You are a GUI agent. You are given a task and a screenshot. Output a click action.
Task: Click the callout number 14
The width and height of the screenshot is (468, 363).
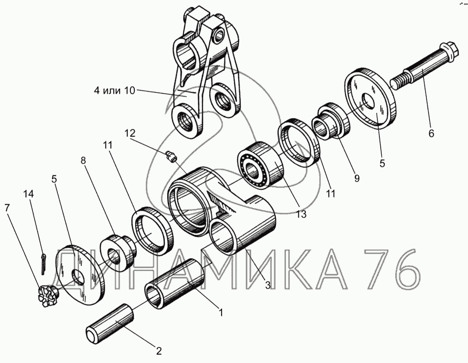tap(28, 194)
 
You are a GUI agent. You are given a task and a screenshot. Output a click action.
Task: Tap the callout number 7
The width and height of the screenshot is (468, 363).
tap(7, 208)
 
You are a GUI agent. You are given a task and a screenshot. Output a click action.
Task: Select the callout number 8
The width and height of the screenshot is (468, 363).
tap(83, 161)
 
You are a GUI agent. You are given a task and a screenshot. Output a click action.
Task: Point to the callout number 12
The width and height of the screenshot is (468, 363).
tap(130, 133)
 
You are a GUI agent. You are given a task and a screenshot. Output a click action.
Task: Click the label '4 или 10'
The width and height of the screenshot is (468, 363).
tap(115, 90)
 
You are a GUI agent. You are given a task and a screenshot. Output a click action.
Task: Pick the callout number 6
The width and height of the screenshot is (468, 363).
tap(431, 133)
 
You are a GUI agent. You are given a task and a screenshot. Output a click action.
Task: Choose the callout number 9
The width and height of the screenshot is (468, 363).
tap(356, 178)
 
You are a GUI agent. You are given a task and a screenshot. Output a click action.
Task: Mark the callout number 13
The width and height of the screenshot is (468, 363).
tap(301, 214)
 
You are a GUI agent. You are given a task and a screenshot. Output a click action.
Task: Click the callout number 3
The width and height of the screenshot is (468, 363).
tap(268, 285)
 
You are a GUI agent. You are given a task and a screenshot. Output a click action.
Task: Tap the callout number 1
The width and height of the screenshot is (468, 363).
tap(221, 313)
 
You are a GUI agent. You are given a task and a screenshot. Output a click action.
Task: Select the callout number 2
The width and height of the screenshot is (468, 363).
tap(159, 351)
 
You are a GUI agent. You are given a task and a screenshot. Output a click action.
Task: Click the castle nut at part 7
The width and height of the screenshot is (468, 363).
tap(48, 296)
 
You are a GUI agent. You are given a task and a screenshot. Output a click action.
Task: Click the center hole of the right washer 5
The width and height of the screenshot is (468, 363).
tap(368, 101)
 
